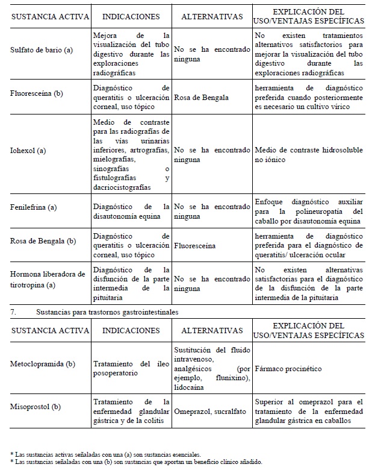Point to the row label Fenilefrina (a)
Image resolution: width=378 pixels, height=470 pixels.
[x=33, y=207]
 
